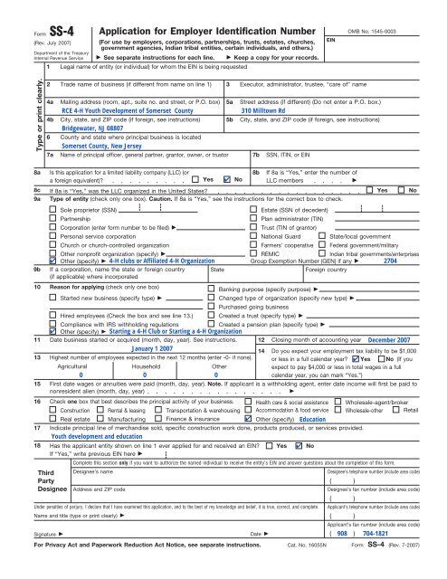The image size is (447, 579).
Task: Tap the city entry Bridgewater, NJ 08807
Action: coord(92,142)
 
